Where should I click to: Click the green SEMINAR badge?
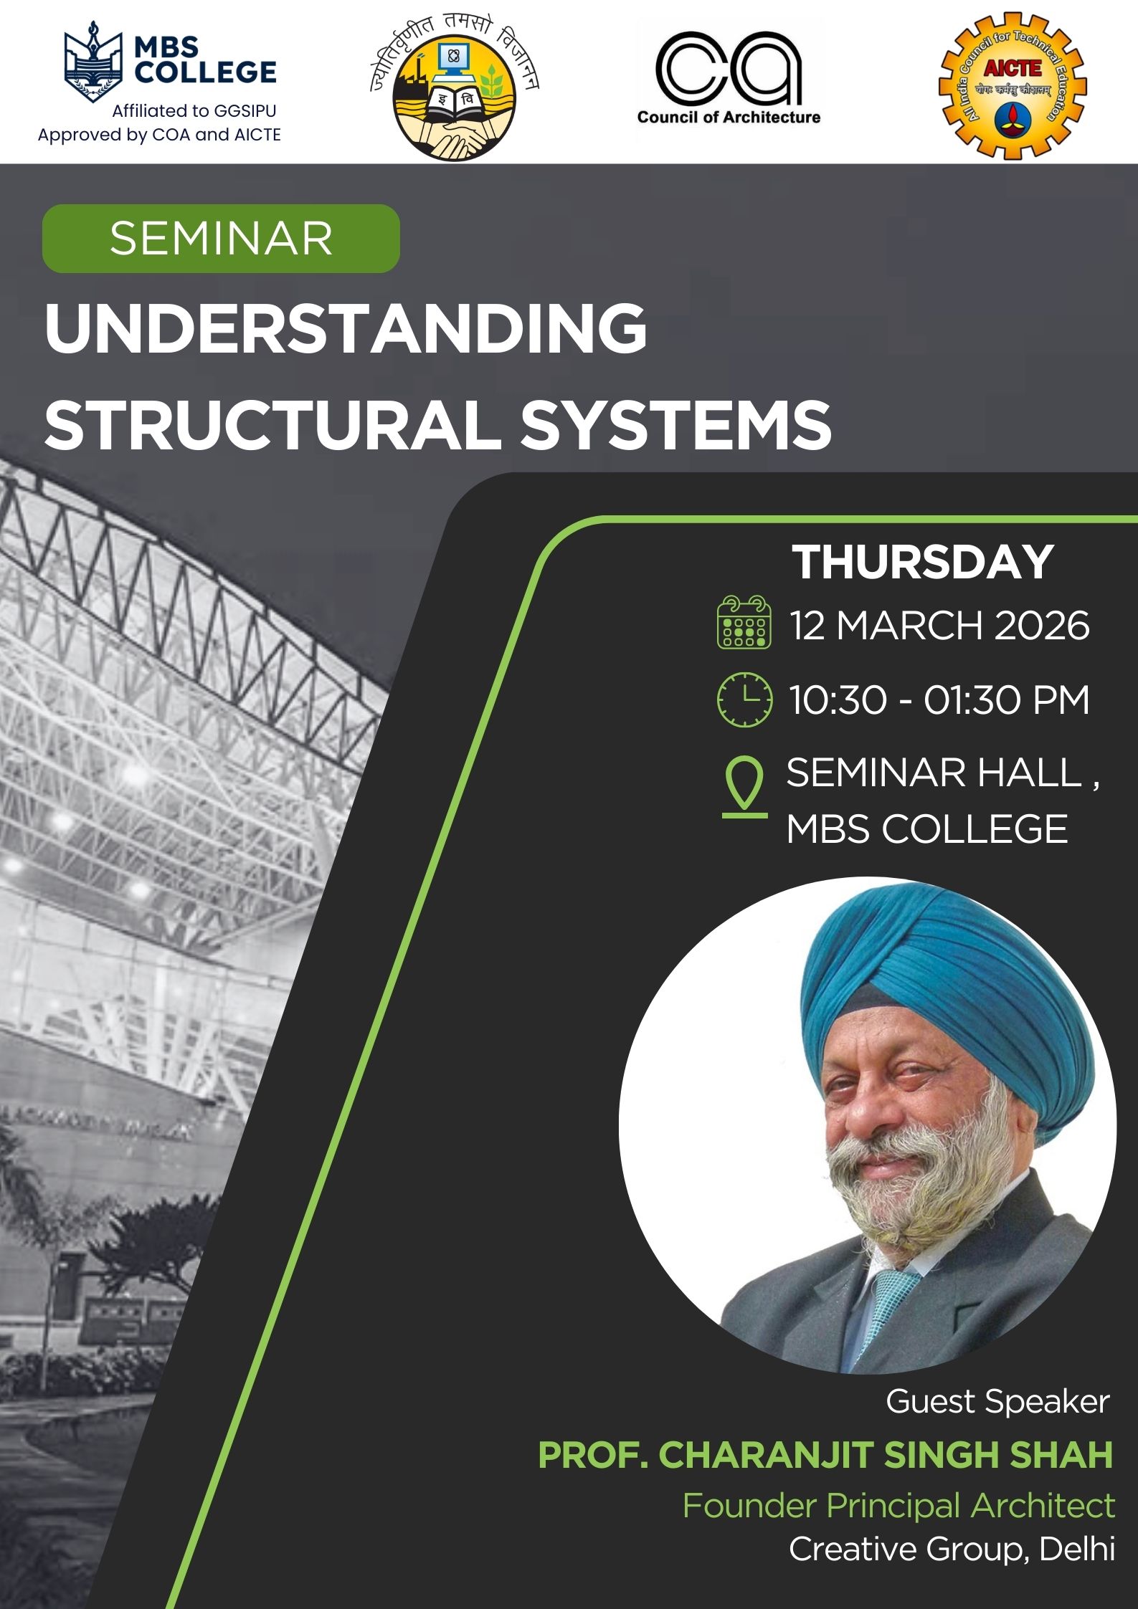pyautogui.click(x=221, y=239)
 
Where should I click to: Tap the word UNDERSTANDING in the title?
pyautogui.click(x=346, y=328)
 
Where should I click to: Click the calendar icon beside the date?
pyautogui.click(x=744, y=622)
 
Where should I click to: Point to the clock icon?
pyautogui.click(x=745, y=700)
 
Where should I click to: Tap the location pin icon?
pyautogui.click(x=744, y=786)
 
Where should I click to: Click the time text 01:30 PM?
pyautogui.click(x=1007, y=700)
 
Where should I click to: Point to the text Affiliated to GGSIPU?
pyautogui.click(x=194, y=111)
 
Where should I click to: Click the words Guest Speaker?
pyautogui.click(x=997, y=1401)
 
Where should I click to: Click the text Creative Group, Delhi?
pyautogui.click(x=952, y=1550)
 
